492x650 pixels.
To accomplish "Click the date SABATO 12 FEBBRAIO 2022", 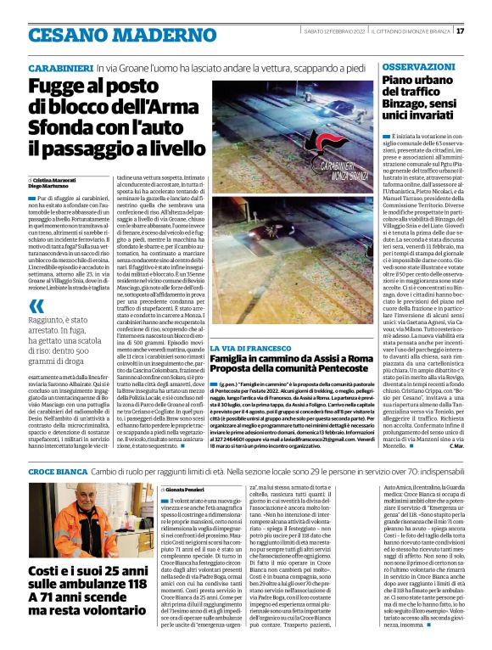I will [326, 31].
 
